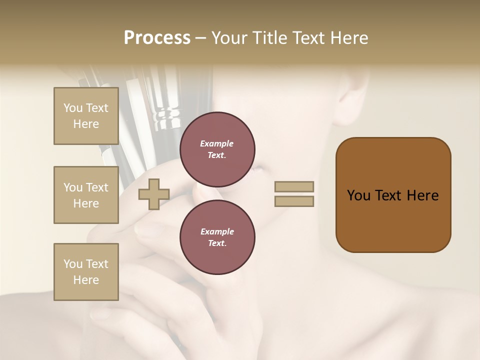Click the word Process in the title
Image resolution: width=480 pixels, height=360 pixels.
(157, 38)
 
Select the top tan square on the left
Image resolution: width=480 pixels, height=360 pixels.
(86, 116)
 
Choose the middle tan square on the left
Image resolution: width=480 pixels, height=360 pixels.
(86, 195)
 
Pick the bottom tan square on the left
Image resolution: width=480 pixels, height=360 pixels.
(86, 272)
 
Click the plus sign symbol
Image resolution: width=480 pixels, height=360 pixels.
(154, 194)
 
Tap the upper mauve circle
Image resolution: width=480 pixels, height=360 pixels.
(217, 149)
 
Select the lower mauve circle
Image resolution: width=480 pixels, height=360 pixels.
(217, 237)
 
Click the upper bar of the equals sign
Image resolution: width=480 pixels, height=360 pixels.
(294, 186)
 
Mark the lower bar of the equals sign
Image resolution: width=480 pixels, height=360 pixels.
(294, 201)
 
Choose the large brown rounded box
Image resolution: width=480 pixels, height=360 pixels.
(393, 195)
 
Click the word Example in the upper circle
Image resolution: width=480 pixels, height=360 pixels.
(217, 143)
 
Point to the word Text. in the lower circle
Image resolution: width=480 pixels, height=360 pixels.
(217, 243)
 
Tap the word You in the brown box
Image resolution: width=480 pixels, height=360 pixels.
(358, 195)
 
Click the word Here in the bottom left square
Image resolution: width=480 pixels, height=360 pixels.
(86, 280)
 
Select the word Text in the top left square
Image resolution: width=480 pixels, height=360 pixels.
(97, 108)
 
